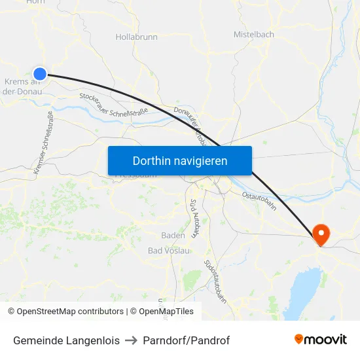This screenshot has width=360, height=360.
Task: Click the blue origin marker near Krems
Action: pyautogui.click(x=40, y=74)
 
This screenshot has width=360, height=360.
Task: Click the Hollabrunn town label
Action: pyautogui.click(x=136, y=37)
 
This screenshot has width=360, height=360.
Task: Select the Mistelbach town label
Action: pyautogui.click(x=254, y=34)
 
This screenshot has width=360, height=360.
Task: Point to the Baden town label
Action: pyautogui.click(x=173, y=235)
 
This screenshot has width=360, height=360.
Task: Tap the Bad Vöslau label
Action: pyautogui.click(x=169, y=251)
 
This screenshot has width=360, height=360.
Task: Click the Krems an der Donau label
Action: pyautogui.click(x=22, y=86)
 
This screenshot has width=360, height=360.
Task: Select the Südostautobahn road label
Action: pyautogui.click(x=215, y=281)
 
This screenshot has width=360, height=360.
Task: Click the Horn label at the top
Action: pyautogui.click(x=35, y=2)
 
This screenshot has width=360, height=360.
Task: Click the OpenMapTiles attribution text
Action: pyautogui.click(x=164, y=312)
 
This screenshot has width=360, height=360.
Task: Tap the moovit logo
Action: pyautogui.click(x=321, y=340)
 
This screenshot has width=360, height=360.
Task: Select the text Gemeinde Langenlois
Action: pyautogui.click(x=66, y=340)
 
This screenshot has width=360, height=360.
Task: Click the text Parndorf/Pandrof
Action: pyautogui.click(x=187, y=340)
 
